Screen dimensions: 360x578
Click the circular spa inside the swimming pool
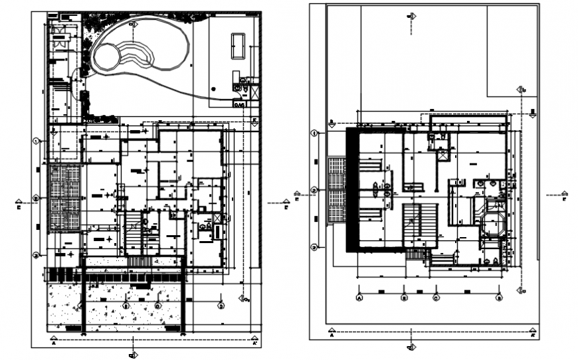coord(108,56)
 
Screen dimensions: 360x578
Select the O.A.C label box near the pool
coord(239,104)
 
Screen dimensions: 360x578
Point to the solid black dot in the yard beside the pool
coord(213,88)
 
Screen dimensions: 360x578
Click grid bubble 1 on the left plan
coord(37,141)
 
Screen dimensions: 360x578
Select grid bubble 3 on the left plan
coord(37,254)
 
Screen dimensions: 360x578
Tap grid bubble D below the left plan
coord(221,306)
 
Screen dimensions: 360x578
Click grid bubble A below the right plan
coord(359,298)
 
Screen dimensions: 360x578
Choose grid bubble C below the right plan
coord(436,298)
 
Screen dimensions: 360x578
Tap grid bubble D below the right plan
coord(498,298)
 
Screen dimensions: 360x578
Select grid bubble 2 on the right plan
coord(314,191)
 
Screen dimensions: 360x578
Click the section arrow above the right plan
coord(412,17)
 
